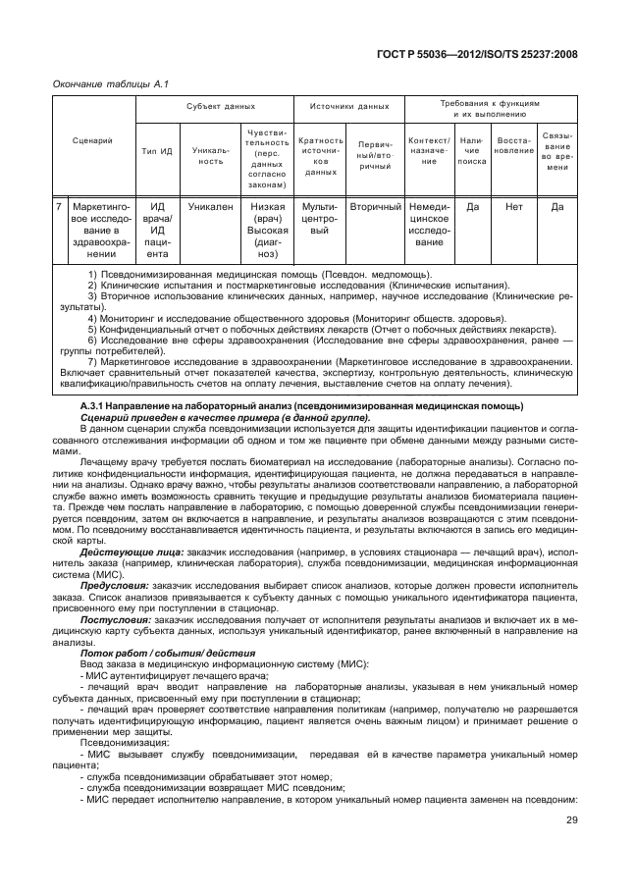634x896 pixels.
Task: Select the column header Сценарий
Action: [92, 140]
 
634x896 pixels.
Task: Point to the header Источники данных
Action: [349, 105]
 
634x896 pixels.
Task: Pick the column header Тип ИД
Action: [157, 151]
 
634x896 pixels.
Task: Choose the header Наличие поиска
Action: [472, 151]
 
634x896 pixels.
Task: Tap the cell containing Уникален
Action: [211, 207]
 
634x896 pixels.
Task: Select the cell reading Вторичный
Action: [376, 207]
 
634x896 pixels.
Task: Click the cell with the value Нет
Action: [514, 207]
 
